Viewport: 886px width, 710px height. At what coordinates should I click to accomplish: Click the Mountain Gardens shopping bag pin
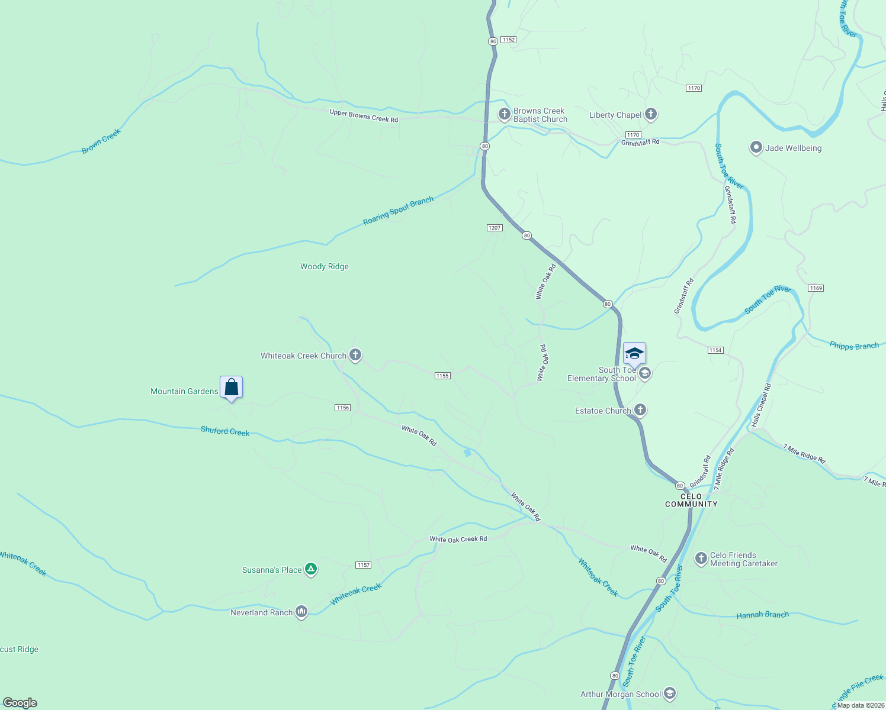pyautogui.click(x=232, y=388)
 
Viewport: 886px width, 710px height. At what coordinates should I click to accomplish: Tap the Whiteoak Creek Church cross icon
pyautogui.click(x=355, y=355)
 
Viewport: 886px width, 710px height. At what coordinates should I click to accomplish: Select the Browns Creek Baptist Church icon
pyautogui.click(x=504, y=114)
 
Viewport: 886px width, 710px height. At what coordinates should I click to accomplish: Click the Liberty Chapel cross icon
pyautogui.click(x=651, y=114)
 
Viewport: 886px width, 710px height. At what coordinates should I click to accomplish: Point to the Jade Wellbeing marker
pyautogui.click(x=756, y=148)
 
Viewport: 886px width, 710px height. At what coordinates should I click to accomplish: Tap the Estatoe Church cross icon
pyautogui.click(x=640, y=410)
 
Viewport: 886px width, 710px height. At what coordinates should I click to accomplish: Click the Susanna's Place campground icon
pyautogui.click(x=311, y=569)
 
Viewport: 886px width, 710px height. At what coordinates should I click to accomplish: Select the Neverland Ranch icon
pyautogui.click(x=301, y=612)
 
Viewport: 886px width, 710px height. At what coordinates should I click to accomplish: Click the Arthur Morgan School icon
pyautogui.click(x=670, y=693)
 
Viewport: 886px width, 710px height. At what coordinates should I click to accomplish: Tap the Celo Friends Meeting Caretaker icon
pyautogui.click(x=701, y=559)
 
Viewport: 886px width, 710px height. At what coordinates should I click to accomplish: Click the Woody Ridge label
pyautogui.click(x=325, y=266)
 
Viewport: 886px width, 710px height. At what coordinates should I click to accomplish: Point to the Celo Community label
pyautogui.click(x=691, y=501)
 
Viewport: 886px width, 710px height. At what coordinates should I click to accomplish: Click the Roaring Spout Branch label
pyautogui.click(x=398, y=211)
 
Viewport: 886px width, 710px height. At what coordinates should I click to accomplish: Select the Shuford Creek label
pyautogui.click(x=225, y=431)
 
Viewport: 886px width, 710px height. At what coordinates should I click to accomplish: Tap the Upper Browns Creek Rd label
pyautogui.click(x=364, y=115)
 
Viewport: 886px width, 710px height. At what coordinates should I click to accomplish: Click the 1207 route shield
pyautogui.click(x=495, y=228)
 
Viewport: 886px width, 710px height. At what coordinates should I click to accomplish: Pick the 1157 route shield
pyautogui.click(x=364, y=565)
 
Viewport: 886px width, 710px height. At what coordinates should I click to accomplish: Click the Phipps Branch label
pyautogui.click(x=854, y=346)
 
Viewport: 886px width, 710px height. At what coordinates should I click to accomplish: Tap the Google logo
pyautogui.click(x=20, y=703)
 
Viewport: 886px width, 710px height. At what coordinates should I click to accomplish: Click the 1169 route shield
pyautogui.click(x=816, y=288)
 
